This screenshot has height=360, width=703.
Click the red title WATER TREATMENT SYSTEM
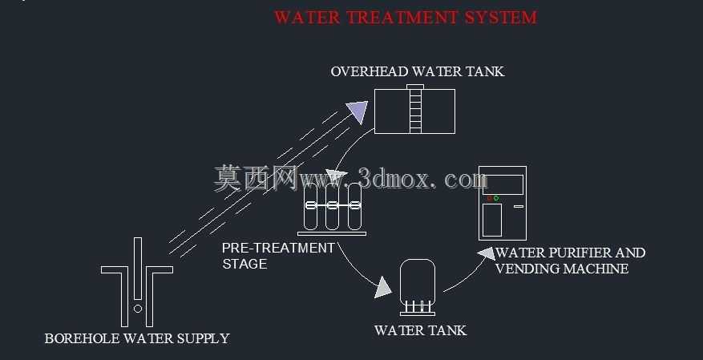pyautogui.click(x=406, y=18)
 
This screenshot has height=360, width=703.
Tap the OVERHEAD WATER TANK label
pyautogui.click(x=418, y=71)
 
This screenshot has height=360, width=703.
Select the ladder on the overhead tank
pyautogui.click(x=415, y=109)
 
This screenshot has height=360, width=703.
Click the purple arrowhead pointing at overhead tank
pyautogui.click(x=358, y=111)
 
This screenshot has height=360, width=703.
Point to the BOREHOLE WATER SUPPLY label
pyautogui.click(x=137, y=338)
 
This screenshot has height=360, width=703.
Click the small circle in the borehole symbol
pyautogui.click(x=138, y=309)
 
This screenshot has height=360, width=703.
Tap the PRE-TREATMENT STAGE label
pyautogui.click(x=278, y=256)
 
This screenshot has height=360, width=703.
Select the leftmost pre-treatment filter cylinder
pyautogui.click(x=310, y=206)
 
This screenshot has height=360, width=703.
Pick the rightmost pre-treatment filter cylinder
pyautogui.click(x=354, y=206)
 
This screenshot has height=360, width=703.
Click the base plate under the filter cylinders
pyautogui.click(x=332, y=233)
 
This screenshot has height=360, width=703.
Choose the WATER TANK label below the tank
pyautogui.click(x=420, y=330)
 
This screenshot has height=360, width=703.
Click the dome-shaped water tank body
pyautogui.click(x=418, y=281)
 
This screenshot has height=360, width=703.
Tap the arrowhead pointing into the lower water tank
pyautogui.click(x=383, y=287)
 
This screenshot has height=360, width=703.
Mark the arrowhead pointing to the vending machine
pyautogui.click(x=487, y=253)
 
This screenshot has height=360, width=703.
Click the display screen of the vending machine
pyautogui.click(x=503, y=184)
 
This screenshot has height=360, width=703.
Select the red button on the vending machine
pyautogui.click(x=490, y=198)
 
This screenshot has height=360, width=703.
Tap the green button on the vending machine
pyautogui.click(x=496, y=198)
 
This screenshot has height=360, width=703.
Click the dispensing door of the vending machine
pyautogui.click(x=492, y=220)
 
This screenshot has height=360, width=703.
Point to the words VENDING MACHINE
pyautogui.click(x=562, y=269)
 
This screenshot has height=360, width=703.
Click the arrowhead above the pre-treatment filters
pyautogui.click(x=337, y=175)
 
